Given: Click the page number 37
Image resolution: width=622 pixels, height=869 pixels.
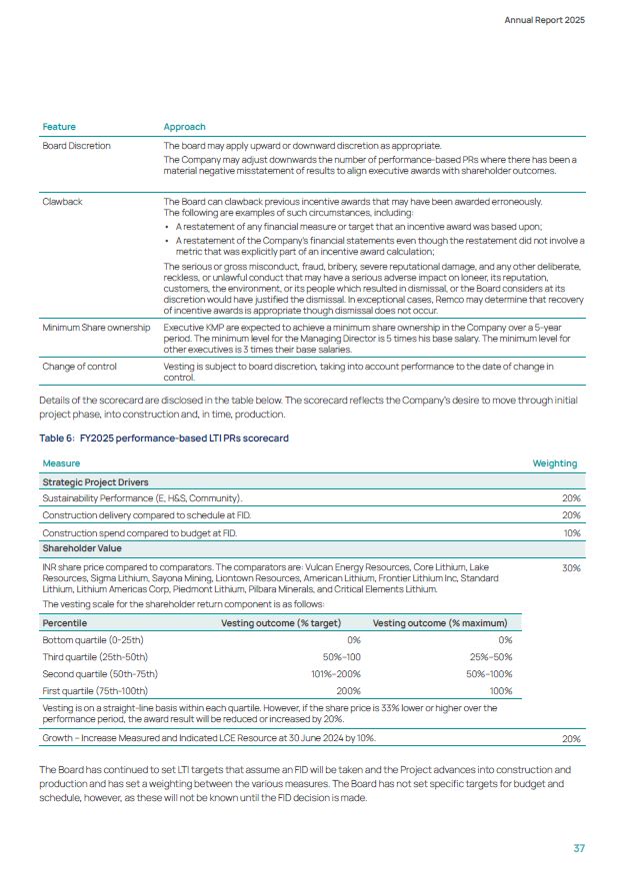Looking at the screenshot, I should [578, 848].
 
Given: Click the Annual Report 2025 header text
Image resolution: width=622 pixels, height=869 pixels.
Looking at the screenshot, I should [545, 20].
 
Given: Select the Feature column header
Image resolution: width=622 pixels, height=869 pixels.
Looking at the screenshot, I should [59, 127].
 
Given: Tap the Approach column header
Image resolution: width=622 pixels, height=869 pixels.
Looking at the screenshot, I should [184, 127].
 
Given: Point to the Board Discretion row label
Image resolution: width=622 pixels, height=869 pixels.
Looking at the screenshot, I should [76, 146].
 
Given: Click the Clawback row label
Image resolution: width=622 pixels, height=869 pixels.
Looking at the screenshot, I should [62, 202].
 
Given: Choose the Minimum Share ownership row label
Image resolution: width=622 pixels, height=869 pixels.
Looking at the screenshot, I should [96, 328].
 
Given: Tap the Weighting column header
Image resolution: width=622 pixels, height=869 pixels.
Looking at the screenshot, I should [555, 463].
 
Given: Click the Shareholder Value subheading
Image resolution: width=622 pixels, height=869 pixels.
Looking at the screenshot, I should [82, 548].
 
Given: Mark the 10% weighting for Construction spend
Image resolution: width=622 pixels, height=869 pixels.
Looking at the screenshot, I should [572, 533].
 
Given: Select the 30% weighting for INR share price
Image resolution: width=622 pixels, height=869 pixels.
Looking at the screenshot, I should [571, 567].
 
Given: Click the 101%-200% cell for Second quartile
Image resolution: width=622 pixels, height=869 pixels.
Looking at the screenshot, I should [335, 673].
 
